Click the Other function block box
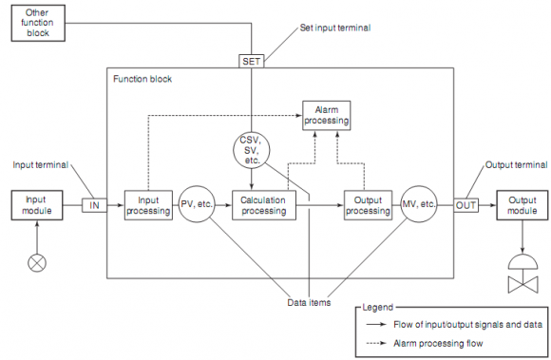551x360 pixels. pyautogui.click(x=38, y=23)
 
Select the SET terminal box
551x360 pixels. pyautogui.click(x=251, y=61)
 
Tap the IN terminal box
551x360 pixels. pyautogui.click(x=94, y=205)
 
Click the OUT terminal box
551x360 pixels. pyautogui.click(x=465, y=205)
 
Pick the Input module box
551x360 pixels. pyautogui.click(x=37, y=205)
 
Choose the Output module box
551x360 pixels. pyautogui.click(x=522, y=205)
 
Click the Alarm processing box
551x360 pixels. pyautogui.click(x=327, y=116)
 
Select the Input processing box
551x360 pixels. pyautogui.click(x=148, y=205)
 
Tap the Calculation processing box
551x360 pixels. pyautogui.click(x=264, y=205)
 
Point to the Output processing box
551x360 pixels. pyautogui.click(x=368, y=205)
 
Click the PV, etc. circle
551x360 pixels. pyautogui.click(x=197, y=204)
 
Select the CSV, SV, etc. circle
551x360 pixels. pyautogui.click(x=252, y=150)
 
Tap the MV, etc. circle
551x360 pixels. pyautogui.click(x=419, y=204)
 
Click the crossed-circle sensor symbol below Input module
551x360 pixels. pyautogui.click(x=37, y=263)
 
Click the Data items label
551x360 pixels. pyautogui.click(x=309, y=302)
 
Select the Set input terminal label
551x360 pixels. pyautogui.click(x=335, y=28)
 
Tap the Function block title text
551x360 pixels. pyautogui.click(x=142, y=79)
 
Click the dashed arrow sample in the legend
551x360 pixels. pyautogui.click(x=376, y=343)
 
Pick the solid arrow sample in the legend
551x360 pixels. pyautogui.click(x=376, y=325)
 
